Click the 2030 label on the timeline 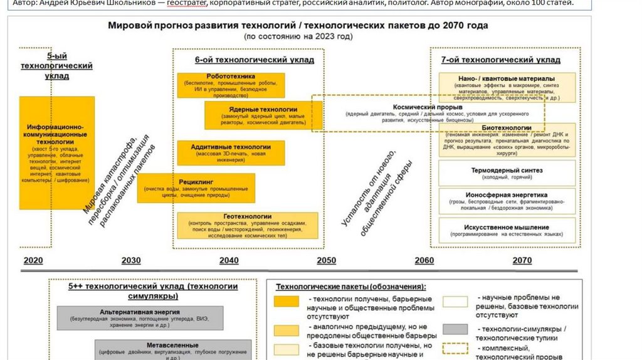(131, 261)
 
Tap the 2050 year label (326, 261)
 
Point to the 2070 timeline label (522, 261)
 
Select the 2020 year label (33, 261)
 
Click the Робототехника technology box (231, 85)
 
